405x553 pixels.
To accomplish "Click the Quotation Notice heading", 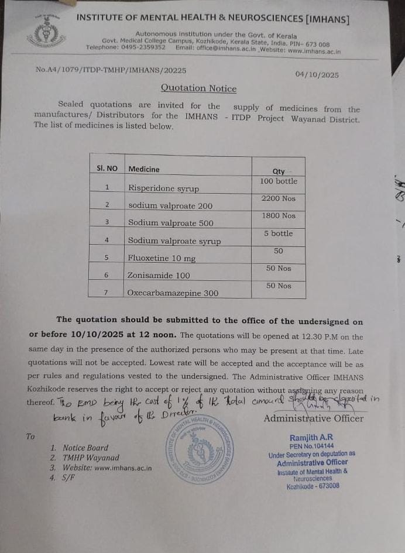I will [x=199, y=89].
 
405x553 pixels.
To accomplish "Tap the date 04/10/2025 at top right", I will [x=317, y=75].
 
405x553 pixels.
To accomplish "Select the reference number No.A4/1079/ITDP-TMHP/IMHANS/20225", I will [x=111, y=70].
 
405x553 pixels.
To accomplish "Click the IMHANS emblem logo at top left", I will [x=42, y=33].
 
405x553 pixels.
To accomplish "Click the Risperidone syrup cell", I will [x=164, y=188].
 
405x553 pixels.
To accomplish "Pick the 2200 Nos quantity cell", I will [x=279, y=198].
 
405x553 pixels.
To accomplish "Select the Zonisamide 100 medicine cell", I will [x=159, y=274].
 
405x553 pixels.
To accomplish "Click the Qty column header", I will [x=279, y=171].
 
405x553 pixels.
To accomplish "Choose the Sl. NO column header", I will [x=107, y=169].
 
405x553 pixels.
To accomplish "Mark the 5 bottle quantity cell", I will [x=279, y=233].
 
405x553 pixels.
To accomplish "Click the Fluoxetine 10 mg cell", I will [x=162, y=257].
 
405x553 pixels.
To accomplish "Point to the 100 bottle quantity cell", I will [x=279, y=181].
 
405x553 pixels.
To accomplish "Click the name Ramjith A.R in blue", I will [x=312, y=438].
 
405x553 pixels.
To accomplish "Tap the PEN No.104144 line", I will [x=312, y=446].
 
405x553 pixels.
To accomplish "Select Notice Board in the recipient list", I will [x=85, y=448].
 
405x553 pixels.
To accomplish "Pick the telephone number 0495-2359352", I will [x=142, y=47].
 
